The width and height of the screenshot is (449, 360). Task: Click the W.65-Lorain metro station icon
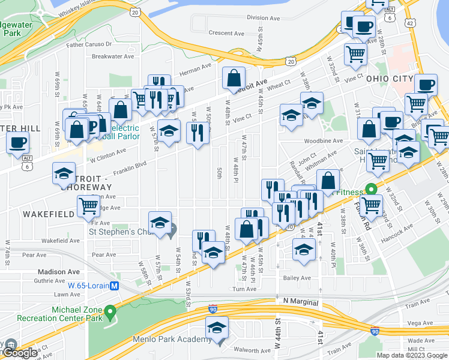click(113, 286)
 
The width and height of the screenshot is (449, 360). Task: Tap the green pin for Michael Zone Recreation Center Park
click(110, 311)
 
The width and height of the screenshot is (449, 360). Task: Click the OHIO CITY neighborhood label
click(390, 79)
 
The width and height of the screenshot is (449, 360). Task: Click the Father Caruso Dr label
click(89, 44)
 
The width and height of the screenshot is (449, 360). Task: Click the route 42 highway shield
click(409, 23)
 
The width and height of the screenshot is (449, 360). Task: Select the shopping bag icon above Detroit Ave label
click(234, 78)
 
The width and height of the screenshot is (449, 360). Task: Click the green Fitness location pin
click(372, 188)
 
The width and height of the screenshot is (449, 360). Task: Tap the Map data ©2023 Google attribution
click(411, 355)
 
